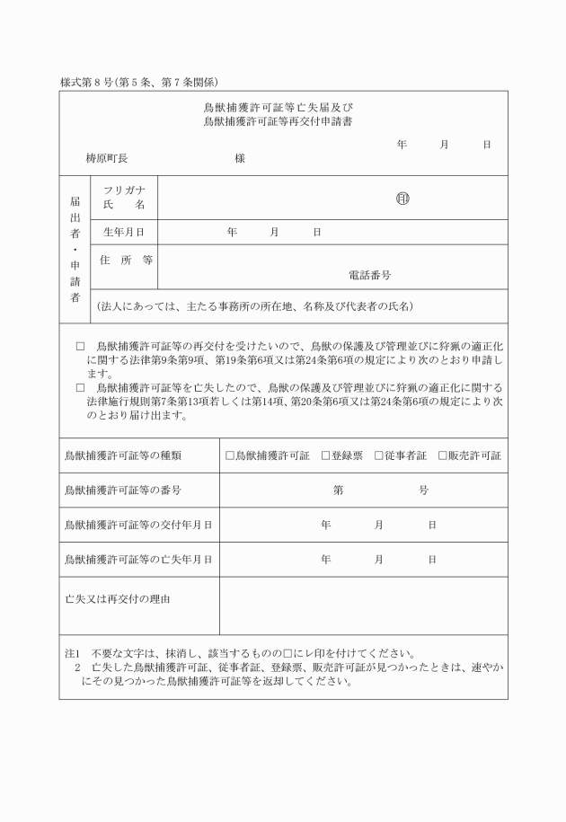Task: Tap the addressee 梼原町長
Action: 106,158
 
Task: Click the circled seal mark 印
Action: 402,199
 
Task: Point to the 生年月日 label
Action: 123,232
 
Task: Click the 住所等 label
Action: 125,260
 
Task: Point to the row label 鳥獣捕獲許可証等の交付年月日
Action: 138,525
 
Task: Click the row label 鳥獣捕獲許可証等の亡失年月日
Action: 138,559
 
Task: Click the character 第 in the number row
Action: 338,491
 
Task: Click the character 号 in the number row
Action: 423,491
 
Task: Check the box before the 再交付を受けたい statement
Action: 79,345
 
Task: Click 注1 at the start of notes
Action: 71,653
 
